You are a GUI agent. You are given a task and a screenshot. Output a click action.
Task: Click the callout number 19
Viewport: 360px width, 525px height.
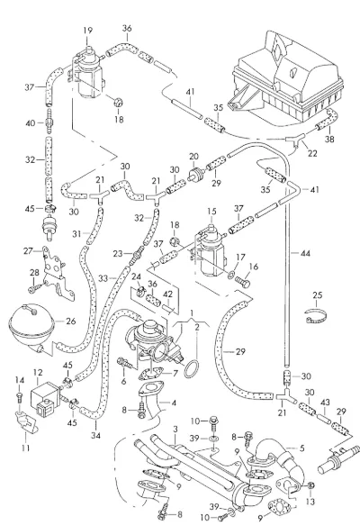tap(87, 31)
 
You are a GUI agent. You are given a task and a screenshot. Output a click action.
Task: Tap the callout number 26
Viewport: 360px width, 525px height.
tap(71, 321)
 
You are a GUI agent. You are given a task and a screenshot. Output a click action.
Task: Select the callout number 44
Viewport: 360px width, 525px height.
tap(305, 253)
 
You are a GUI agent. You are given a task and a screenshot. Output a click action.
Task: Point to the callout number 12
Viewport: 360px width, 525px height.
tap(38, 372)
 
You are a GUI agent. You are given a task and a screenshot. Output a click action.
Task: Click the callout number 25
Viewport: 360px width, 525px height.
tap(318, 295)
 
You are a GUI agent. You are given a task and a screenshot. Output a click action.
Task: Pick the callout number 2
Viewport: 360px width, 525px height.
tap(197, 327)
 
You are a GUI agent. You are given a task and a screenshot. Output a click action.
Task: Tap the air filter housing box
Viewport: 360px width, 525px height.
tap(288, 76)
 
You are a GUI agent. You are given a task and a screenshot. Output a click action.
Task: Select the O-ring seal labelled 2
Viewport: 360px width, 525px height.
tap(192, 369)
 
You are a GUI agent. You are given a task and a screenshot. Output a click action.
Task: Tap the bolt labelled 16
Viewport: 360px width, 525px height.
tap(243, 281)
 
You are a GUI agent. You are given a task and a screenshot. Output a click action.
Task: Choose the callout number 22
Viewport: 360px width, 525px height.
tap(312, 153)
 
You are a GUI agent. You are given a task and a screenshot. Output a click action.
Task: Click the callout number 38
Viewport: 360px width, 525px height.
tap(329, 139)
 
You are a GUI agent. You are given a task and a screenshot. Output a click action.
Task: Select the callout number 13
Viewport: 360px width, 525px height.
tap(310, 502)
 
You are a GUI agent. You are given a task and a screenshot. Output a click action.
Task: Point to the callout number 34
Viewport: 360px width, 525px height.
tap(95, 436)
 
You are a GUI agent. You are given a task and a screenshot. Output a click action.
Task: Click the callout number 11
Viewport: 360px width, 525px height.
tap(26, 448)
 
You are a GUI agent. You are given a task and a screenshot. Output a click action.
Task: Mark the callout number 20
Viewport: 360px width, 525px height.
tap(193, 157)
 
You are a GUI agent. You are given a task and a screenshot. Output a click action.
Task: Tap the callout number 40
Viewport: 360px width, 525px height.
tap(30, 123)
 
